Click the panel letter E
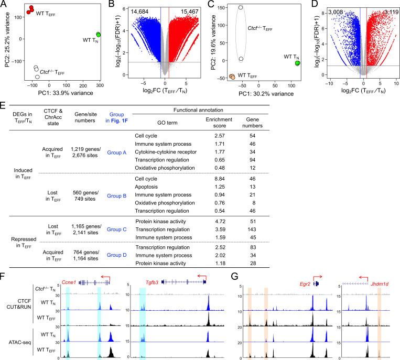point(4,105)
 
